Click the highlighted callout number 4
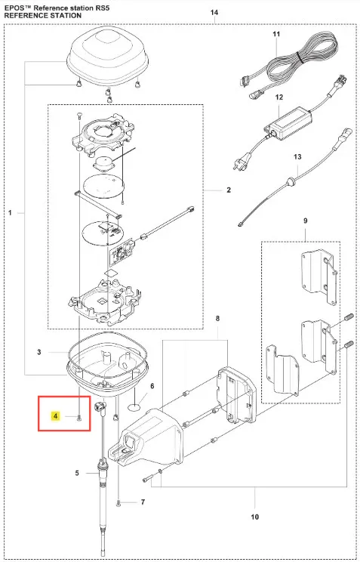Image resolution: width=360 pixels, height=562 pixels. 55,416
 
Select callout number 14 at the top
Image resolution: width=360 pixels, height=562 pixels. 214,13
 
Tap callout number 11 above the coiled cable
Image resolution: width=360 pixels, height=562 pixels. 275,34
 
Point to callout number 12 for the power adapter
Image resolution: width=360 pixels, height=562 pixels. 279,97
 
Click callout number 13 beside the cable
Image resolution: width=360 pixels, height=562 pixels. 297,156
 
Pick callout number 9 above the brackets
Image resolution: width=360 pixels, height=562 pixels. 305,221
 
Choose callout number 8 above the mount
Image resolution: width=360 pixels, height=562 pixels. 217,318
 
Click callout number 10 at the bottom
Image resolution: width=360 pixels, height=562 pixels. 254,517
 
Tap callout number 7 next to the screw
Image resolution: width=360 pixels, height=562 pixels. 143,502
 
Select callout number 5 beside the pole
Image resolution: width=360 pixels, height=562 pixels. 77,473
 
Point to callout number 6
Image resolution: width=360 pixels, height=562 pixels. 152,386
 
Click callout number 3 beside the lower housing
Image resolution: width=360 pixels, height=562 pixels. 39,352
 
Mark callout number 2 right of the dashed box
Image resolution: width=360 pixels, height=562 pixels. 229,190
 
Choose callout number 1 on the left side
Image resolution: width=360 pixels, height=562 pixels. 10,213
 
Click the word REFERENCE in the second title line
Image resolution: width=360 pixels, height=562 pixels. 23,16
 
